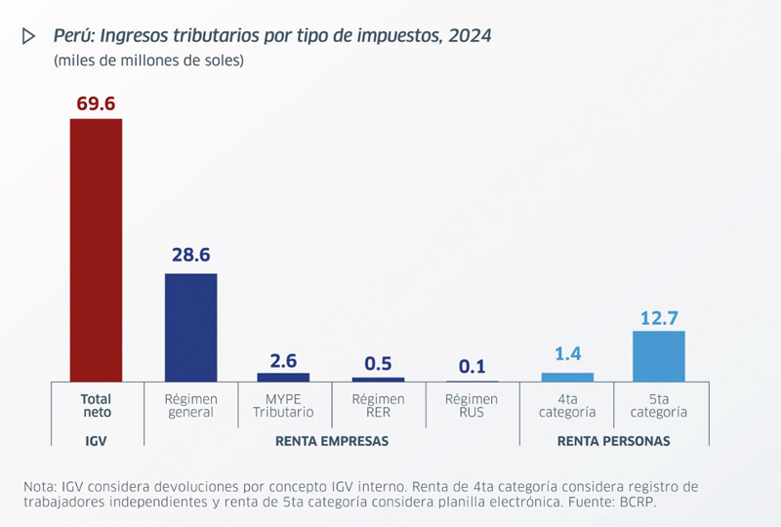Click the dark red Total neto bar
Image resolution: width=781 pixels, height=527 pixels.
click(96, 250)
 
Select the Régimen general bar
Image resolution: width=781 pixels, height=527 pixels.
click(190, 327)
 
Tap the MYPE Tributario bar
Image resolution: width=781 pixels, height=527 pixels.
click(283, 377)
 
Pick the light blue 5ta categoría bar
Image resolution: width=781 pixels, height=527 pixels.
click(659, 356)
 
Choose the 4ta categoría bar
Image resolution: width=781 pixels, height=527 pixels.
click(567, 377)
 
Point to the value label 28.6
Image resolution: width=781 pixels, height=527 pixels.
click(190, 256)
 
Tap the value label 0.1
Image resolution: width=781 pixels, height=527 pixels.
click(472, 367)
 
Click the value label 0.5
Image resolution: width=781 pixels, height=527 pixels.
click(378, 363)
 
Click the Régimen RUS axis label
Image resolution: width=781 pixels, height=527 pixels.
click(472, 405)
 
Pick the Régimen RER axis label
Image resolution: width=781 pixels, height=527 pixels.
click(378, 405)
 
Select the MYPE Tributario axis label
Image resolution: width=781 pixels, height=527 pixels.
click(283, 405)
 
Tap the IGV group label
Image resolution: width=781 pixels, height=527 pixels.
click(96, 441)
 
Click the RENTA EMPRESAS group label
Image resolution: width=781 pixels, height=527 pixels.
click(332, 441)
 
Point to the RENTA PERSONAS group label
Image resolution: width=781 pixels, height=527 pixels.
click(613, 441)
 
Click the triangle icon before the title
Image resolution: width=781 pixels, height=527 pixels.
click(28, 36)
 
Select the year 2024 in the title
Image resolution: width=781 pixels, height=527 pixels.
click(471, 36)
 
